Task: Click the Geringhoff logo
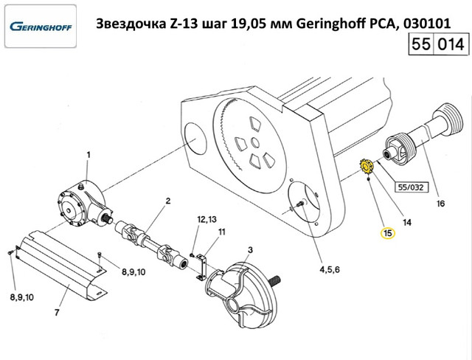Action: click(x=41, y=27)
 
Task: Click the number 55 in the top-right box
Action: click(x=420, y=44)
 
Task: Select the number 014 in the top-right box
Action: click(x=451, y=44)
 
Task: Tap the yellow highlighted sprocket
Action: click(x=367, y=167)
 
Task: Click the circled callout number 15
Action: click(x=388, y=233)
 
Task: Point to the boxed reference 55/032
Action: click(x=411, y=187)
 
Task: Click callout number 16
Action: click(x=440, y=204)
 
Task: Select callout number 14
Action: click(x=406, y=223)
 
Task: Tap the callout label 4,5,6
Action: click(x=330, y=270)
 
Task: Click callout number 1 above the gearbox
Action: click(x=88, y=155)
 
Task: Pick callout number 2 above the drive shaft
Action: click(x=168, y=201)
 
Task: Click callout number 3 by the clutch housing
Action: click(x=250, y=250)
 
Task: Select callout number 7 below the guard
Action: click(x=57, y=313)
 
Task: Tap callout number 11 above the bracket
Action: click(x=221, y=232)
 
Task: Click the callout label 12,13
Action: click(x=206, y=219)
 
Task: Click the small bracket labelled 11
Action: click(x=201, y=266)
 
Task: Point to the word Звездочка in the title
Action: click(x=130, y=24)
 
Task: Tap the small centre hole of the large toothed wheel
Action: click(x=255, y=142)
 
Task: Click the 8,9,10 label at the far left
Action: click(x=22, y=297)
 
